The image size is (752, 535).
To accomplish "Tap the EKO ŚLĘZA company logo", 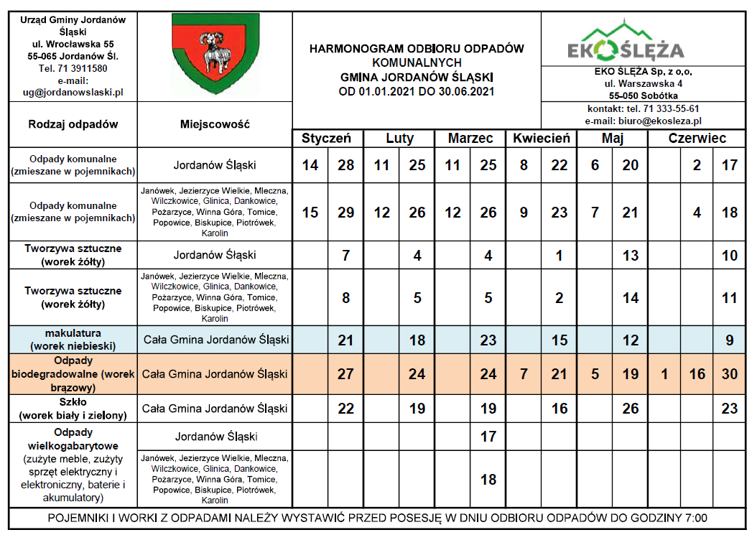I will click(x=625, y=44).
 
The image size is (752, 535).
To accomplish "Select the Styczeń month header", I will click(x=326, y=139).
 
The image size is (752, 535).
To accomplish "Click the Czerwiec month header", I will click(x=697, y=139).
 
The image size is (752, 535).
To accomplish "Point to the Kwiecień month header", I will click(x=541, y=139).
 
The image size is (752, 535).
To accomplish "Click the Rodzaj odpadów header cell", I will click(x=73, y=124).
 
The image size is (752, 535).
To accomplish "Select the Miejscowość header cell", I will click(x=215, y=124).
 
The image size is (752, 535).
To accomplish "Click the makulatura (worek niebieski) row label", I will click(x=73, y=339).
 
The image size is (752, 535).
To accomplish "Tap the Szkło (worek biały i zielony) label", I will click(x=73, y=409).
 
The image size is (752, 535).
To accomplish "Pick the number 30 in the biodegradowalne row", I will click(x=730, y=374).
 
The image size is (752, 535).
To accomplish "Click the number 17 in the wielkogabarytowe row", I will click(x=488, y=436).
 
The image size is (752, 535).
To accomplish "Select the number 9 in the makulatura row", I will click(x=730, y=340).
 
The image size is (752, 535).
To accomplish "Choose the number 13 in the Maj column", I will click(x=631, y=255).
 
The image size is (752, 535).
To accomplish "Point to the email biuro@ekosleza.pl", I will click(x=644, y=121).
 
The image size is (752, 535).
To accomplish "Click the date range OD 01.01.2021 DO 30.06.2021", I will click(x=417, y=91).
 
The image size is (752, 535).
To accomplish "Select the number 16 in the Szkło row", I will click(x=559, y=409).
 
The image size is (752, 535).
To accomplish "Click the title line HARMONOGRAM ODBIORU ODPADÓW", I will click(x=417, y=49).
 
